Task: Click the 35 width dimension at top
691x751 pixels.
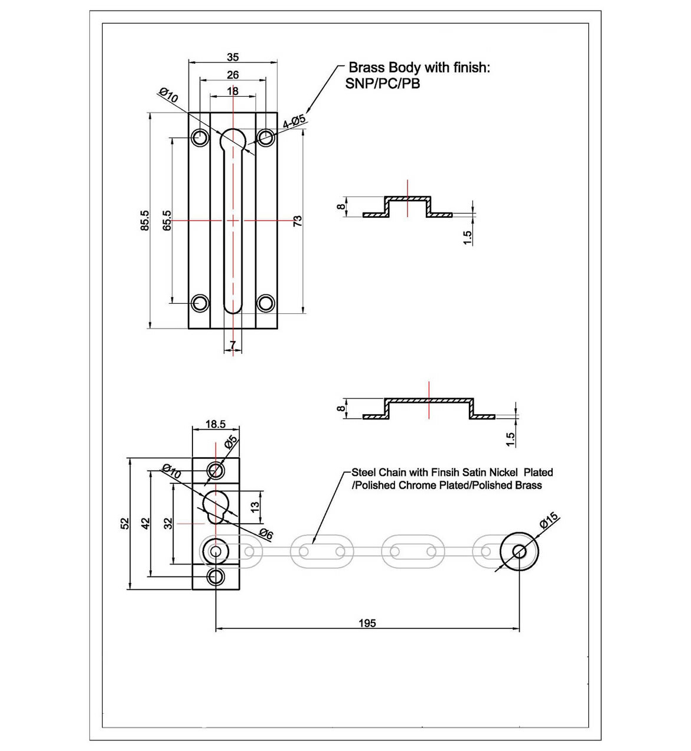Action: (x=233, y=57)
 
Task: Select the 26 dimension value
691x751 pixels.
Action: (x=233, y=75)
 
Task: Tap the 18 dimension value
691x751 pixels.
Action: (x=233, y=91)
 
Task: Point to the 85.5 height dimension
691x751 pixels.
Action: (x=145, y=221)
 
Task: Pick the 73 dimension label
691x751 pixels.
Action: (x=298, y=221)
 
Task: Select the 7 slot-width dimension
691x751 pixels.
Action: (x=233, y=344)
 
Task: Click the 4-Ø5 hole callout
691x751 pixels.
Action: (x=294, y=122)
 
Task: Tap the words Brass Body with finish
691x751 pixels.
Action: (x=419, y=68)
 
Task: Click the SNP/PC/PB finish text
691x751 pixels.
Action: (x=383, y=84)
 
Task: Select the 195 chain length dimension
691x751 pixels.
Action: (x=367, y=623)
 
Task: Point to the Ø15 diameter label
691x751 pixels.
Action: (x=549, y=521)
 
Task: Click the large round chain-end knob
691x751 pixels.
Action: (x=520, y=551)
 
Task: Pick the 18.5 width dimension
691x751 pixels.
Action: (x=216, y=424)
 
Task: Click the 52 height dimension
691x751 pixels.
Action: (x=125, y=523)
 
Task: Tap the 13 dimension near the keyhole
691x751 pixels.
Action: (x=255, y=506)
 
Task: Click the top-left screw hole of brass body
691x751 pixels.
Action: (x=200, y=138)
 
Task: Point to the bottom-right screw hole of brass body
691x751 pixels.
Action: (x=266, y=303)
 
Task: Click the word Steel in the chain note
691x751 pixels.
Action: (x=363, y=473)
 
